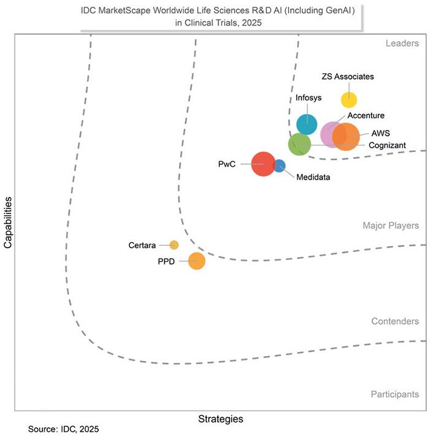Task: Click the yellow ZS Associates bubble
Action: [349, 99]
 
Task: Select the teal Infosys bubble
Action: [306, 124]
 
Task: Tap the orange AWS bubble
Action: [346, 137]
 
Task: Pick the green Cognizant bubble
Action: [299, 145]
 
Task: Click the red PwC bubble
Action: [263, 164]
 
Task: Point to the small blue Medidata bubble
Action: [279, 166]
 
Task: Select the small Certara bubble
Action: [174, 245]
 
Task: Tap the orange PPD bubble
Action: [197, 261]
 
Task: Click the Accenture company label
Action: [366, 115]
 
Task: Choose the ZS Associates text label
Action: [347, 77]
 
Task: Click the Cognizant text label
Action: [387, 145]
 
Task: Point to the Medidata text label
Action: [313, 178]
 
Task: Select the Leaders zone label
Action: [402, 44]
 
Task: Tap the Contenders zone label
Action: [394, 321]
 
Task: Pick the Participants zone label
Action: [394, 394]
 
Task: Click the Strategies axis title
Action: [221, 419]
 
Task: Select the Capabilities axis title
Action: [8, 223]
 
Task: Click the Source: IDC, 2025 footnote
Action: [63, 429]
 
